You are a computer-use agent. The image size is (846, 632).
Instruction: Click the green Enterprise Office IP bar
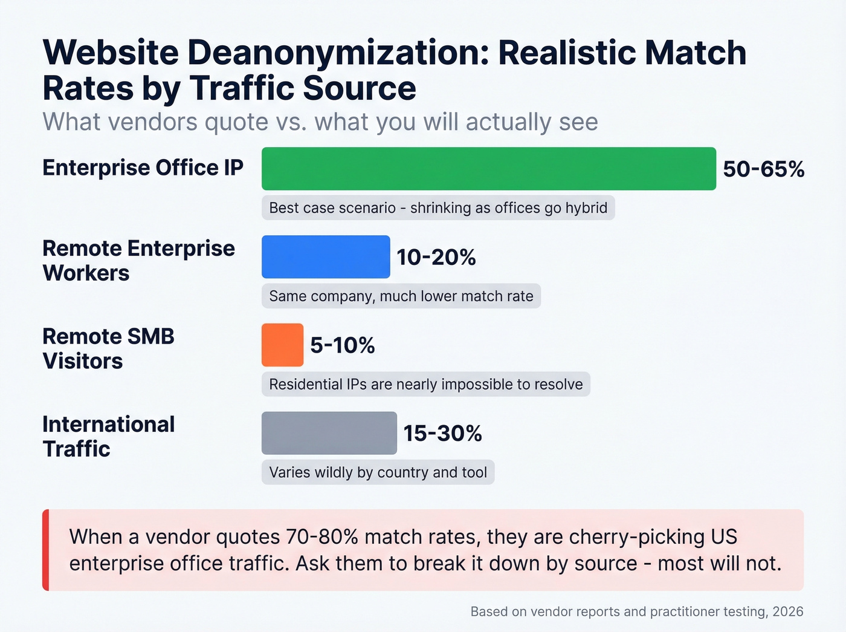[488, 169]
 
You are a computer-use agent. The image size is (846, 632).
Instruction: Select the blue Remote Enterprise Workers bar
[326, 257]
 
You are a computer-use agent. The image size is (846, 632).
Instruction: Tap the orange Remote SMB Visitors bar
[282, 345]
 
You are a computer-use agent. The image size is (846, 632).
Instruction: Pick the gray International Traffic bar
[329, 433]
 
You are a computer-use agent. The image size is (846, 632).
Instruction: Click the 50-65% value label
[763, 169]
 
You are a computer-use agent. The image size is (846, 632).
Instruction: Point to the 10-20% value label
[436, 258]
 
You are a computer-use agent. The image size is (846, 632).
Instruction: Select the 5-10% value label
[342, 345]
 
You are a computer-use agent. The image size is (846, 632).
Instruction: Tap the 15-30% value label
[442, 434]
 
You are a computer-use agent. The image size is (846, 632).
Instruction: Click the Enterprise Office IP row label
[143, 168]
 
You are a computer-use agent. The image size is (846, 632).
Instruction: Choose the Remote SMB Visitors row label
[108, 348]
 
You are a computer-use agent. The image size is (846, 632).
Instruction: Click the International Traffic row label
[108, 436]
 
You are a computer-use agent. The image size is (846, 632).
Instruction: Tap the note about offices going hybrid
[438, 208]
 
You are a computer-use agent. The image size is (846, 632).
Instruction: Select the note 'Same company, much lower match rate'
[401, 296]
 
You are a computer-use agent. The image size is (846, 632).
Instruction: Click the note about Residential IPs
[425, 385]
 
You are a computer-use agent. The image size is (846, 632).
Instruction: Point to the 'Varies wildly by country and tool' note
[378, 472]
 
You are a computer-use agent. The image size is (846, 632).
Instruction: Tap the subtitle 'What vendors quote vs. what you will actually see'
[320, 122]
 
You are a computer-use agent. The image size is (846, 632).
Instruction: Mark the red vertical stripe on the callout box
[45, 550]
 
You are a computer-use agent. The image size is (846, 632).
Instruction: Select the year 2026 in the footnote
[787, 611]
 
